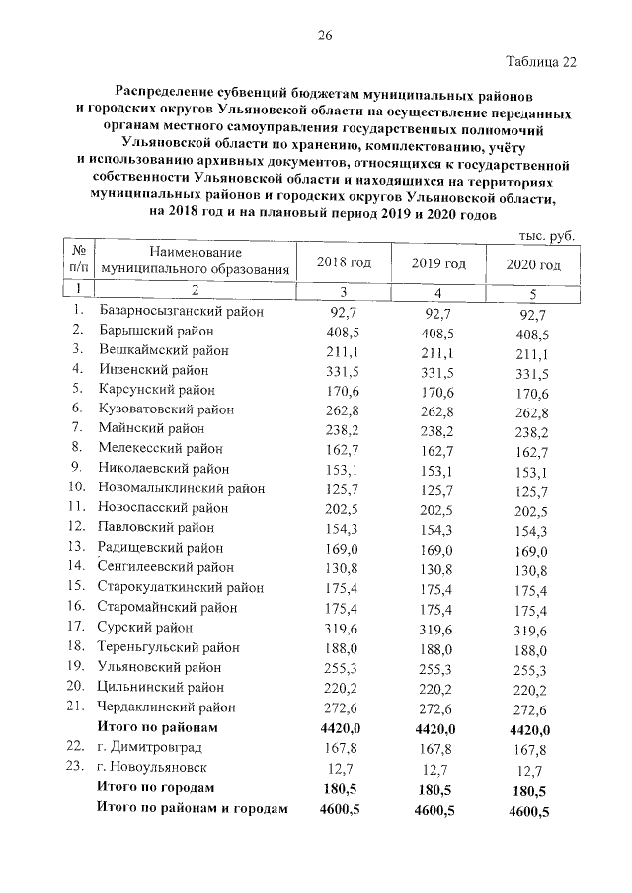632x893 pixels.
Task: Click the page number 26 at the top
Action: point(323,37)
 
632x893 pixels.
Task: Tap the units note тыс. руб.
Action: point(546,235)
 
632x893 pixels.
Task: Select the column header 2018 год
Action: point(343,262)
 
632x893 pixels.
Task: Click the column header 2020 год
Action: point(533,264)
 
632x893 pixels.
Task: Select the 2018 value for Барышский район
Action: point(342,332)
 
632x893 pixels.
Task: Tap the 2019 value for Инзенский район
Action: point(437,371)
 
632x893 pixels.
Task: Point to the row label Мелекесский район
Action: point(164,449)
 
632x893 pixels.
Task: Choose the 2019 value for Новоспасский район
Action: point(437,509)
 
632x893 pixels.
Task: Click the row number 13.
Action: point(76,547)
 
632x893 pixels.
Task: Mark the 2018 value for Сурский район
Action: point(342,627)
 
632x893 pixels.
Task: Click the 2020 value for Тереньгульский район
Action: point(530,650)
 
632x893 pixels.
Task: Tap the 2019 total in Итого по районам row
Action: point(436,728)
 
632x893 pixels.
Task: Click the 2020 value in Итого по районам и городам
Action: point(528,811)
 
